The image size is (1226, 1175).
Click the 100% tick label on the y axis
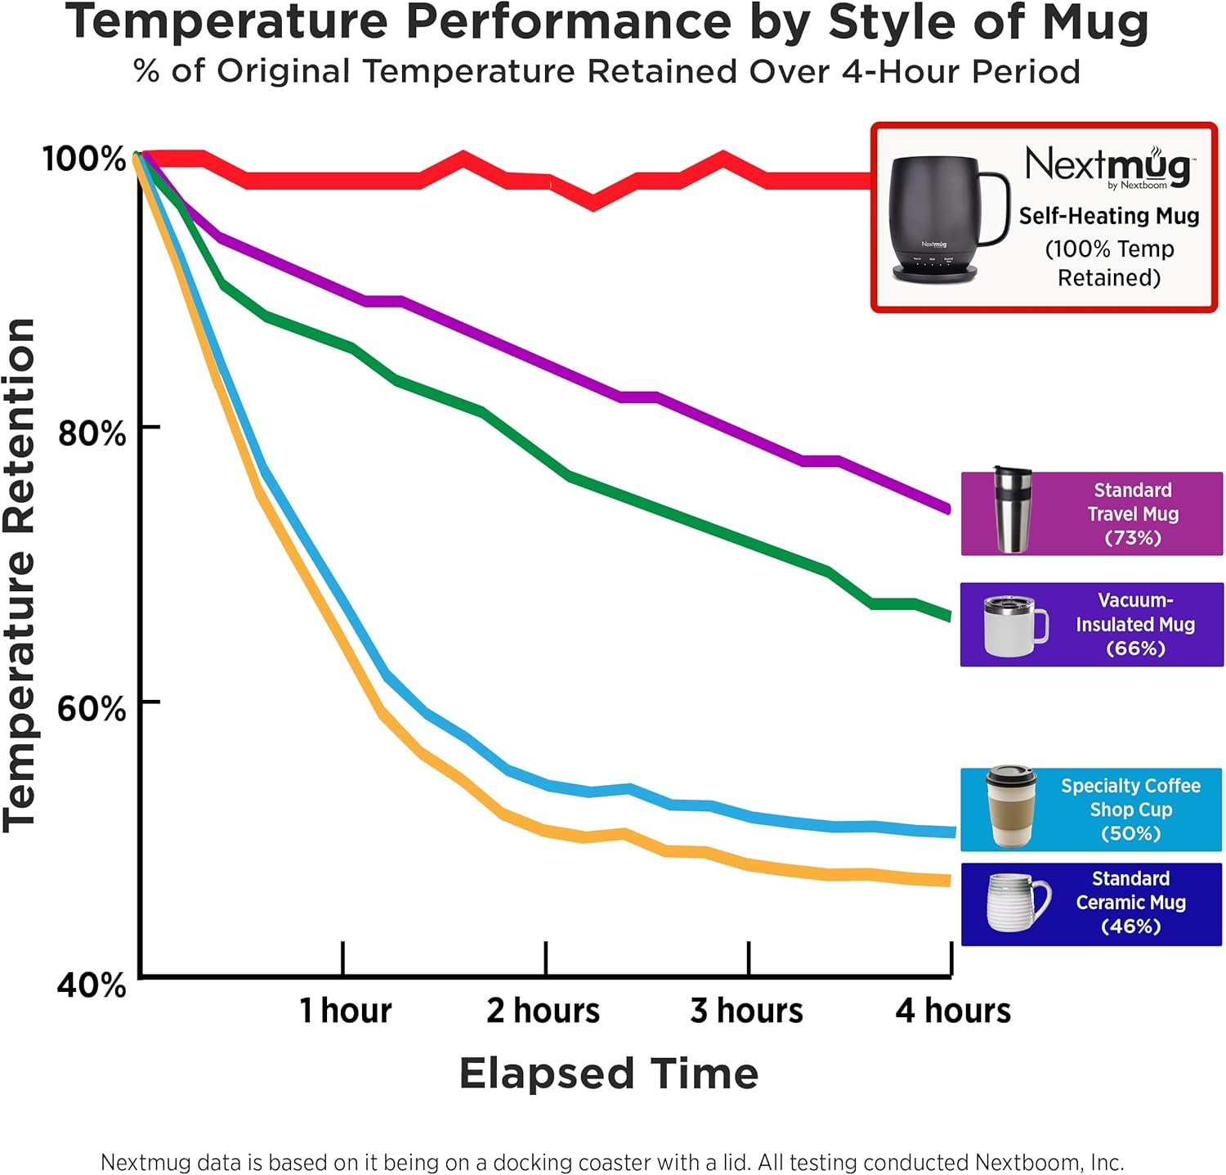point(84,158)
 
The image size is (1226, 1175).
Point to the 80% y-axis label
point(92,433)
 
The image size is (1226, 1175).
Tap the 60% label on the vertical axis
point(92,707)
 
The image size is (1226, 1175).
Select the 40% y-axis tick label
point(92,984)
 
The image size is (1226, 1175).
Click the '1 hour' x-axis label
point(345,1011)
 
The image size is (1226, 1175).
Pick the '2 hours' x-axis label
point(544,1011)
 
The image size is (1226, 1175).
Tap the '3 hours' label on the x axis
point(746,1011)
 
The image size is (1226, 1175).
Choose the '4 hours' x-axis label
point(953,1011)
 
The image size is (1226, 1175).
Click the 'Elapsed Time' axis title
point(609,1073)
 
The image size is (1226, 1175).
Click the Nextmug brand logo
point(1108,166)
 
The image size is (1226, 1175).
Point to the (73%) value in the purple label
point(1133,538)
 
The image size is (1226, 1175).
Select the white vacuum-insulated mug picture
point(1014,626)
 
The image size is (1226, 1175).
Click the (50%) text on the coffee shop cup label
point(1130,833)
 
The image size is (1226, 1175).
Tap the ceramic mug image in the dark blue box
point(1017,903)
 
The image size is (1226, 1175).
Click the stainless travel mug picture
point(1012,509)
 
